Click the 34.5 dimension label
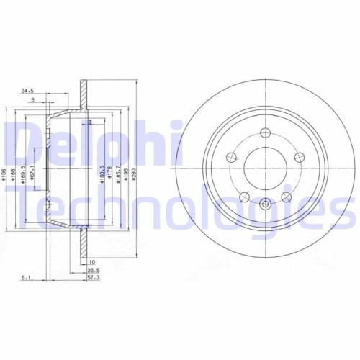tap(28, 91)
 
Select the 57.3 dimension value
tap(93, 276)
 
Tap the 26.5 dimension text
tap(93, 270)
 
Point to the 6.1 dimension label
tap(26, 276)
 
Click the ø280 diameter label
tap(135, 176)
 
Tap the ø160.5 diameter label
tap(102, 174)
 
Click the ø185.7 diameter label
tap(118, 176)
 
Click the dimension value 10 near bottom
tap(92, 261)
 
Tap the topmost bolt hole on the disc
tap(264, 132)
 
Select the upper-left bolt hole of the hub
tap(230, 157)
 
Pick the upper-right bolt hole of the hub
tap(297, 157)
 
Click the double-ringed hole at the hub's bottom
tap(264, 204)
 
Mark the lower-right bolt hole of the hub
tap(286, 197)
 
